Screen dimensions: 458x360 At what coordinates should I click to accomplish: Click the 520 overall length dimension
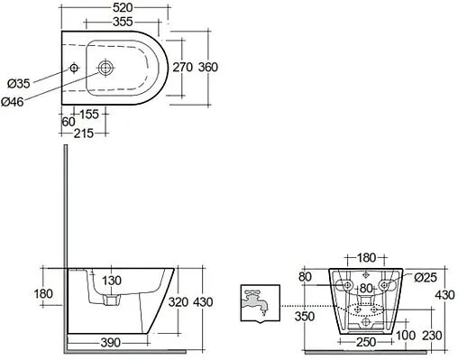pos(123,7)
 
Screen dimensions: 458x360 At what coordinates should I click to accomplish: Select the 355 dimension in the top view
pos(123,22)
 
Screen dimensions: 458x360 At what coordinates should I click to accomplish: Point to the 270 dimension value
pos(182,67)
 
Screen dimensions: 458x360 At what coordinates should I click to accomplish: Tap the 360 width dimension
pos(208,67)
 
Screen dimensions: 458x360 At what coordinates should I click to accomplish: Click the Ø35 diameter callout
pos(19,84)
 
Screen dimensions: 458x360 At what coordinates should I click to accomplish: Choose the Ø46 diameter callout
pos(12,102)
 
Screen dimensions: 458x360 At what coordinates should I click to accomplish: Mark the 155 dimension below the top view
pos(88,115)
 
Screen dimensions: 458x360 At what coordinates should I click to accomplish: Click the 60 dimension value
pos(69,122)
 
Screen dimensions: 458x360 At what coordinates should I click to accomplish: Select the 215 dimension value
pos(84,134)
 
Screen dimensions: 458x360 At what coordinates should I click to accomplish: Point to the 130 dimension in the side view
pos(112,281)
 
